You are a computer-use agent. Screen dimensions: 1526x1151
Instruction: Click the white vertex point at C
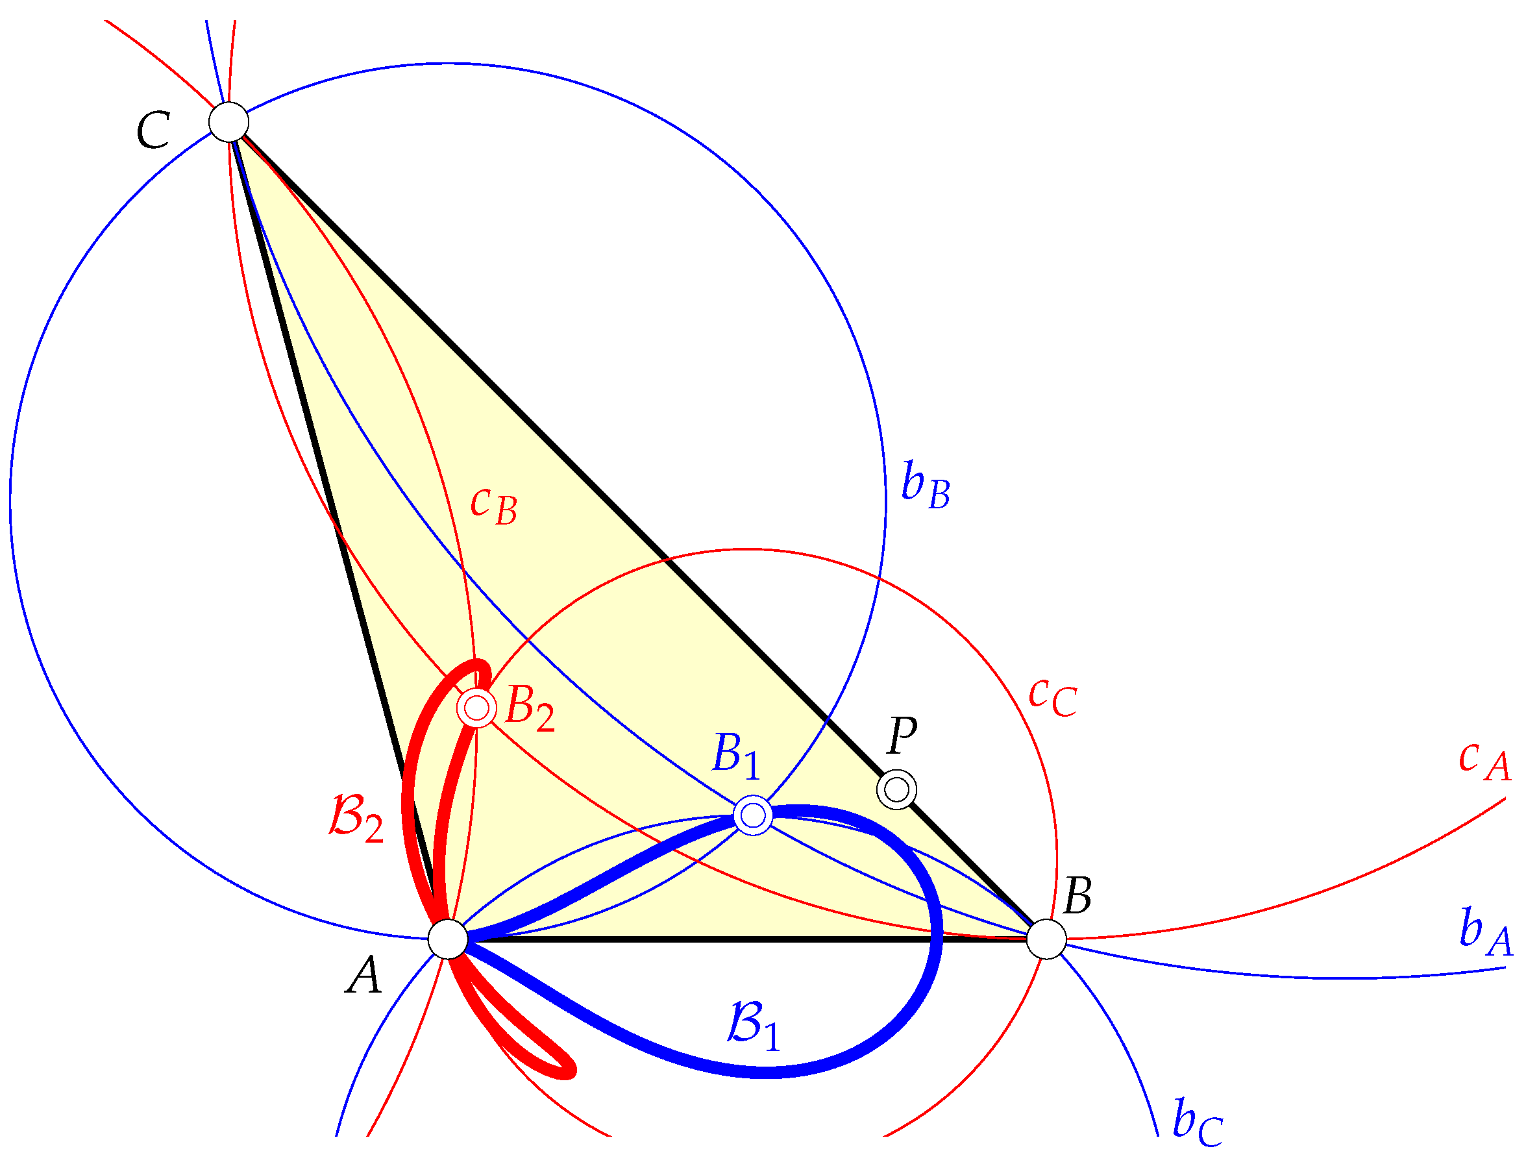point(229,122)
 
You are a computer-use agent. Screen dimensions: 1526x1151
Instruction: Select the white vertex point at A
point(448,939)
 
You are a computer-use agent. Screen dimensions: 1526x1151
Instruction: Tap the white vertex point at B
point(1046,939)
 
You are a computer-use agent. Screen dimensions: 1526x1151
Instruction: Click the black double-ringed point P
point(897,789)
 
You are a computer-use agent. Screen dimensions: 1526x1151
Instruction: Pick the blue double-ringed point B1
point(754,815)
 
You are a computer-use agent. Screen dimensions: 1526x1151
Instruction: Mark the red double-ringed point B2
point(476,708)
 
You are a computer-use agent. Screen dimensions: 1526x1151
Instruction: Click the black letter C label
point(153,130)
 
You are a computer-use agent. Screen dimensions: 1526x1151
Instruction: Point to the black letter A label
point(363,975)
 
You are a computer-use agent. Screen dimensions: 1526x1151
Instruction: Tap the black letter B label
point(1077,896)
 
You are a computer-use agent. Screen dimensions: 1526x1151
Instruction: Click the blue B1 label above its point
point(735,756)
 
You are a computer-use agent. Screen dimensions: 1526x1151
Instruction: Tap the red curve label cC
point(1052,697)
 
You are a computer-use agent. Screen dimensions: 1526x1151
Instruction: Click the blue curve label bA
point(1485,933)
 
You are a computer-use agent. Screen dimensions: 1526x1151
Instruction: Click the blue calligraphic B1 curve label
point(754,1026)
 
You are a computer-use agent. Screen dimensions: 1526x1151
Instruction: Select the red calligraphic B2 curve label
point(356,819)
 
